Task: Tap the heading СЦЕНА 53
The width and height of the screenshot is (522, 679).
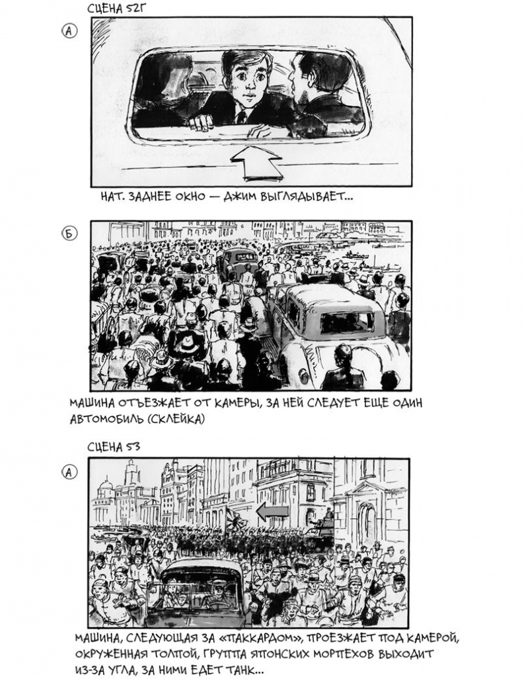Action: tap(114, 447)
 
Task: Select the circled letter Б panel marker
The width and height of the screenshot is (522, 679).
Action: tap(69, 234)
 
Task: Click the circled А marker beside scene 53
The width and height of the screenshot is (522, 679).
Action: tap(69, 472)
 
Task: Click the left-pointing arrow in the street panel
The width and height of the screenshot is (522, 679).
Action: tap(272, 512)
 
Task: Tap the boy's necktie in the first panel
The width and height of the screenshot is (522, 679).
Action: tap(243, 116)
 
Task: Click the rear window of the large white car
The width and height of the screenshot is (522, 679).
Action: tap(348, 322)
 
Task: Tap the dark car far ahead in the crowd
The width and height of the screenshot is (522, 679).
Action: tap(239, 261)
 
